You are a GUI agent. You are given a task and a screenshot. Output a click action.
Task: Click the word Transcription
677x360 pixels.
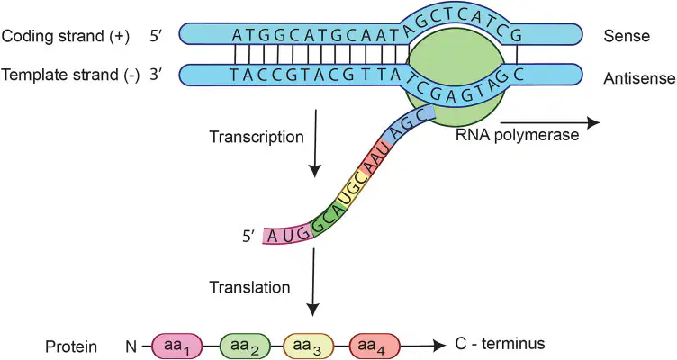click(257, 138)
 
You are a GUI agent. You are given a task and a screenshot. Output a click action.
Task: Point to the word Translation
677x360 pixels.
click(249, 287)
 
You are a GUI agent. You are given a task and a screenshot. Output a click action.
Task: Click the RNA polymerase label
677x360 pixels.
click(517, 136)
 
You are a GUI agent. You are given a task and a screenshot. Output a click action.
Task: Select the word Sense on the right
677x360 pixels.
click(627, 36)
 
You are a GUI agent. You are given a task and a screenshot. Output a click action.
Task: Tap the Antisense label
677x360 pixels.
click(639, 78)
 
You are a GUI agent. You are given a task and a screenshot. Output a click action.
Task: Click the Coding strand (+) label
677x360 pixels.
click(65, 36)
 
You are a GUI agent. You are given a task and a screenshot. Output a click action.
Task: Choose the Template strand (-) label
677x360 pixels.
click(70, 76)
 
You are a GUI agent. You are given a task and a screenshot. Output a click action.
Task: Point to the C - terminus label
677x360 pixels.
click(500, 344)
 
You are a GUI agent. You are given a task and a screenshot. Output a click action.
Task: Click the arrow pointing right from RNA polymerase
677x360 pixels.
click(550, 122)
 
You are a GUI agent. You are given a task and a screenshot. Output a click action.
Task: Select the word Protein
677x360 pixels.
click(71, 346)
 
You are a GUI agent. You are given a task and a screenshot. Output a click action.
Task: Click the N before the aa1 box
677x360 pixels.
click(131, 346)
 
